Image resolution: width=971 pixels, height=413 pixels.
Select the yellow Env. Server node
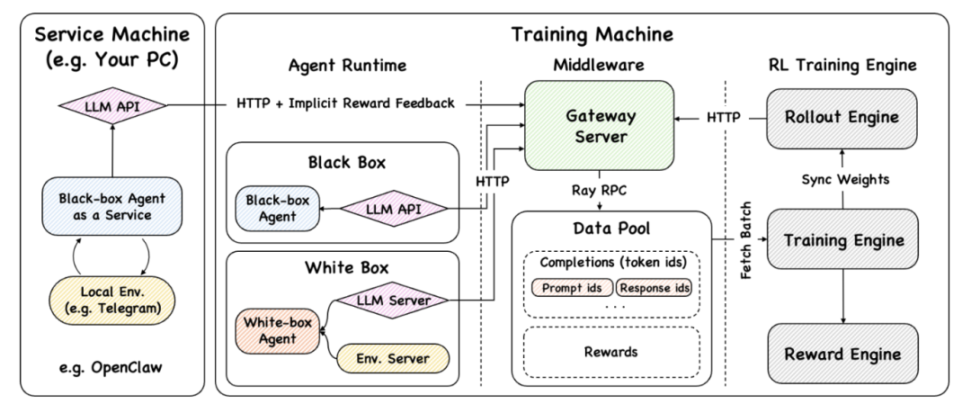(394, 359)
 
